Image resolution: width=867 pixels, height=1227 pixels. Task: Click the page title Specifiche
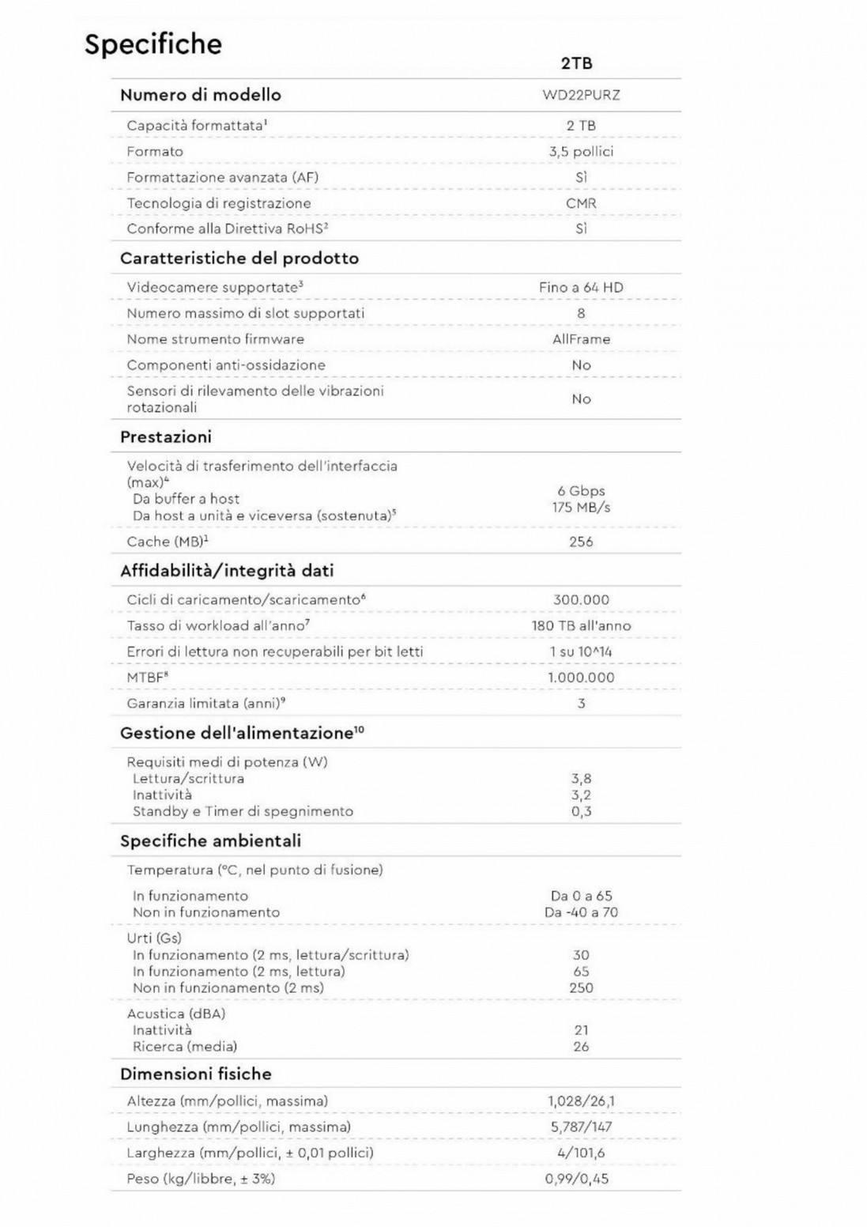pyautogui.click(x=153, y=44)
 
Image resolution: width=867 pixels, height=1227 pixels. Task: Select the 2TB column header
pyautogui.click(x=577, y=63)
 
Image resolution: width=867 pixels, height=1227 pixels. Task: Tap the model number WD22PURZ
pyautogui.click(x=581, y=95)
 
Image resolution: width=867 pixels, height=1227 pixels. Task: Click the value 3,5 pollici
pyautogui.click(x=581, y=151)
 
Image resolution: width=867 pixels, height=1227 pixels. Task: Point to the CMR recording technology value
pyautogui.click(x=581, y=203)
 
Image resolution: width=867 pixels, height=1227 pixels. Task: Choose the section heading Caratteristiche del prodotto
pyautogui.click(x=239, y=259)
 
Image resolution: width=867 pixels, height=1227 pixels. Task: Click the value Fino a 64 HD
pyautogui.click(x=581, y=288)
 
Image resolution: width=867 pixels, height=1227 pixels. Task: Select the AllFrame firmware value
pyautogui.click(x=581, y=339)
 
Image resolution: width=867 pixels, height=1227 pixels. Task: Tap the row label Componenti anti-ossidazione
pyautogui.click(x=225, y=365)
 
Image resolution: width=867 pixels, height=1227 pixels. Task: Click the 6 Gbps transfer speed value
pyautogui.click(x=581, y=491)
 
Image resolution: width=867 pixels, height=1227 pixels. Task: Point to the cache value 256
pyautogui.click(x=581, y=542)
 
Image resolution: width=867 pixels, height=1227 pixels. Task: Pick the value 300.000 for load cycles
pyautogui.click(x=581, y=600)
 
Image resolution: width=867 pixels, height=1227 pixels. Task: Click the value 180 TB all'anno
pyautogui.click(x=581, y=626)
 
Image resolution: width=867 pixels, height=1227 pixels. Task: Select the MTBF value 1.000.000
pyautogui.click(x=581, y=678)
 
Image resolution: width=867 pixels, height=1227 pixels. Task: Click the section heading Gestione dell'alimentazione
pyautogui.click(x=241, y=734)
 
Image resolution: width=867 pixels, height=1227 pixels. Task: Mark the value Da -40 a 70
pyautogui.click(x=581, y=912)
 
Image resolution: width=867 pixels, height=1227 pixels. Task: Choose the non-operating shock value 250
pyautogui.click(x=581, y=988)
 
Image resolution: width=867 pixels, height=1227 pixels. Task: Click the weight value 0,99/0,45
pyautogui.click(x=577, y=1179)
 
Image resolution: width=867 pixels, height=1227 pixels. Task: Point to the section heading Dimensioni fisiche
pyautogui.click(x=195, y=1074)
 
